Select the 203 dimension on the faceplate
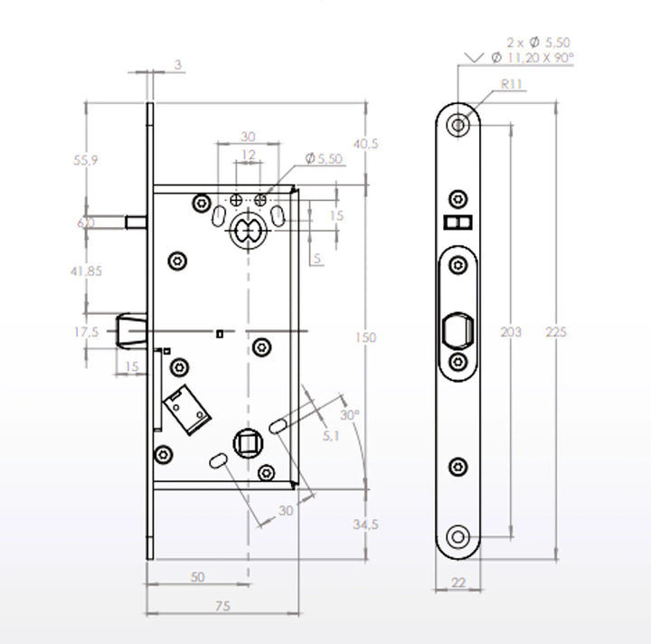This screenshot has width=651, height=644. pos(511,332)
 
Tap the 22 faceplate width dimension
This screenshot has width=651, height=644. pos(458,583)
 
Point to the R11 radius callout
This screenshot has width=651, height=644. pos(513,84)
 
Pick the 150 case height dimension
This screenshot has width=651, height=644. pos(365,337)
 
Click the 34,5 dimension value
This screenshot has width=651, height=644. pos(365,524)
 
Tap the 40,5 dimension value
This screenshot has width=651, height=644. pos(365,144)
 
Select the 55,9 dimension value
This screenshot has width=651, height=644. pos(86,160)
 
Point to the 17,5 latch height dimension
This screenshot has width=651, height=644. pos(86,332)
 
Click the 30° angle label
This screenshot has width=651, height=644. pos(350,414)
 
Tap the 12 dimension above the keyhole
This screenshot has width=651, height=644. pos(247,155)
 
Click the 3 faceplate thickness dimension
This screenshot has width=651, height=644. pos(177,64)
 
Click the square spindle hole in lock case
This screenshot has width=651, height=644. pos(246,443)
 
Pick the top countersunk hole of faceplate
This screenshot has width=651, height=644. pos(459,123)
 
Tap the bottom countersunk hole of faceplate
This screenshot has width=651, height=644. pos(458,537)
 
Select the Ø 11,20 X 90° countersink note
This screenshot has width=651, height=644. pos(533,57)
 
